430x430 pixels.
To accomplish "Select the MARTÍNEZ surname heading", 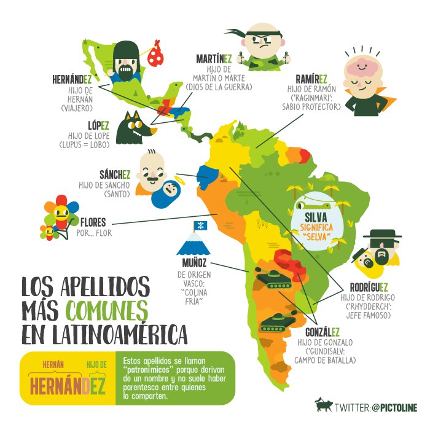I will click(x=214, y=58).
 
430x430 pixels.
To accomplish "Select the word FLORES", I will click(x=93, y=222).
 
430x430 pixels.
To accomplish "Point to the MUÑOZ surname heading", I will click(x=192, y=264).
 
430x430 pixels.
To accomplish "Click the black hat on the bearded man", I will click(x=382, y=234).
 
